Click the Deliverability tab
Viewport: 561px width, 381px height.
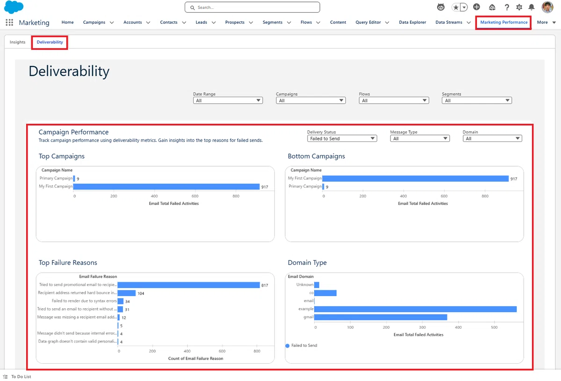[x=50, y=42]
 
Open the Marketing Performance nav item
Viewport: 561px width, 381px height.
[x=503, y=22]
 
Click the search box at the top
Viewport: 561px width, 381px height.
[x=252, y=7]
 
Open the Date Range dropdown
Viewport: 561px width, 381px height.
[x=228, y=100]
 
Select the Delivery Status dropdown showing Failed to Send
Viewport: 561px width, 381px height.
[x=342, y=139]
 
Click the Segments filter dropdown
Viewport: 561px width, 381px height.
[x=476, y=100]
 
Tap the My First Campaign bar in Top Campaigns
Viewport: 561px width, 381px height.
[x=166, y=187]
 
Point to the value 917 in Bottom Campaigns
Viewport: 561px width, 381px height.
[x=514, y=179]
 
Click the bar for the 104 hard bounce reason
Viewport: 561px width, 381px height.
[x=127, y=293]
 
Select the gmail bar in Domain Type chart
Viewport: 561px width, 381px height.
[x=381, y=317]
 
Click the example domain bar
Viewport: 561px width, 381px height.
[x=415, y=309]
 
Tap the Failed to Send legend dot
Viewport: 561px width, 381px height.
[x=287, y=346]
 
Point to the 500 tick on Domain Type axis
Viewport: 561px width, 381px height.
[x=494, y=327]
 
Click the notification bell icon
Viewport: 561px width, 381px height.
[x=531, y=7]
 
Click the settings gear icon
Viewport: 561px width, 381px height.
[x=519, y=7]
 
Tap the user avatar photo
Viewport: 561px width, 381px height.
[x=547, y=7]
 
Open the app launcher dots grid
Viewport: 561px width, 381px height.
[x=9, y=22]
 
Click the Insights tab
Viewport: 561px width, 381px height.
[x=18, y=42]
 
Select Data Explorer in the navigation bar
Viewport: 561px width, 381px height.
[x=412, y=22]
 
